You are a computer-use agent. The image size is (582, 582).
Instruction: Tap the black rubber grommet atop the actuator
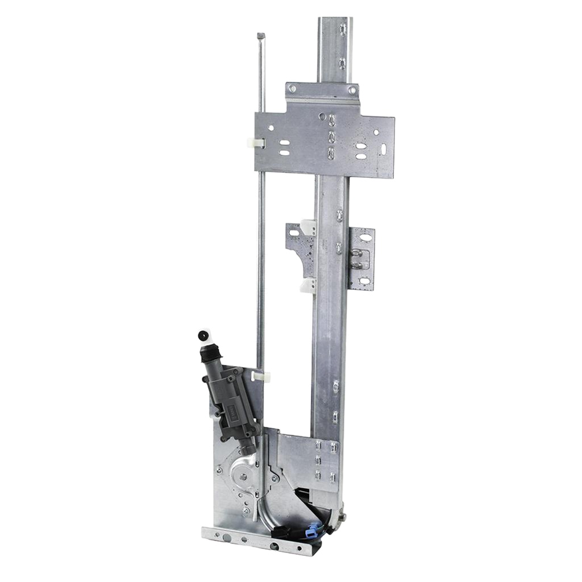pos(202,336)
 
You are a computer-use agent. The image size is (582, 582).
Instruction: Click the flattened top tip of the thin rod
pos(261,36)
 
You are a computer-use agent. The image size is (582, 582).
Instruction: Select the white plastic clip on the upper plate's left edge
pos(256,143)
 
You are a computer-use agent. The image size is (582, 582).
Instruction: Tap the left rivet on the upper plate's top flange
pos(293,89)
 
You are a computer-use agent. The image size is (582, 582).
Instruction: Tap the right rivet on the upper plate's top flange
pos(352,90)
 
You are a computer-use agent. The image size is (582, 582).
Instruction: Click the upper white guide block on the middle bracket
pos(308,226)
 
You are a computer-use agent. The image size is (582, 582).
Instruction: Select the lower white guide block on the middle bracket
pos(308,285)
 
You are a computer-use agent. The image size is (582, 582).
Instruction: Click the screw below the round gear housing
pos(246,510)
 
